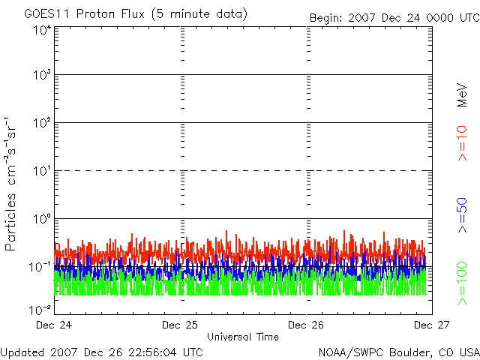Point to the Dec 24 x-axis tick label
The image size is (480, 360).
point(55,325)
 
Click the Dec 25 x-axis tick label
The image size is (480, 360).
point(181,325)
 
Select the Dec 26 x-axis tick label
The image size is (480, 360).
point(307,325)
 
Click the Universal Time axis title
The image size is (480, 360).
point(242,337)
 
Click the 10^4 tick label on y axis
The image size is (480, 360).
point(41,29)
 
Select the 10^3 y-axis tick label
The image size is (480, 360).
point(41,75)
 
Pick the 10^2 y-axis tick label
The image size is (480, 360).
point(41,122)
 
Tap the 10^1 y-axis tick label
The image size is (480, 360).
point(41,170)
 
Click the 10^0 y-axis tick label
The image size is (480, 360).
point(41,218)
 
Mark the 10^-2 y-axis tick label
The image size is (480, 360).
point(40,308)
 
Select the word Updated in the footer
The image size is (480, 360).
point(24,352)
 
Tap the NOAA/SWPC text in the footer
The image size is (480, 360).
point(346,352)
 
